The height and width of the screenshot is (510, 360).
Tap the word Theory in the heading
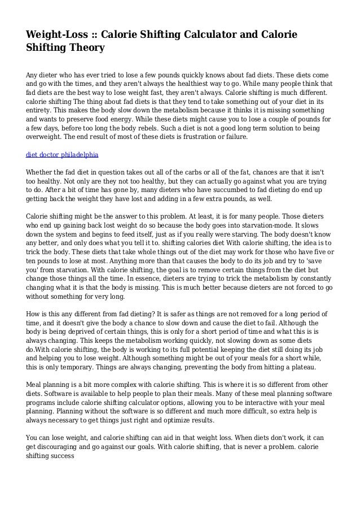pyautogui.click(x=86, y=48)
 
